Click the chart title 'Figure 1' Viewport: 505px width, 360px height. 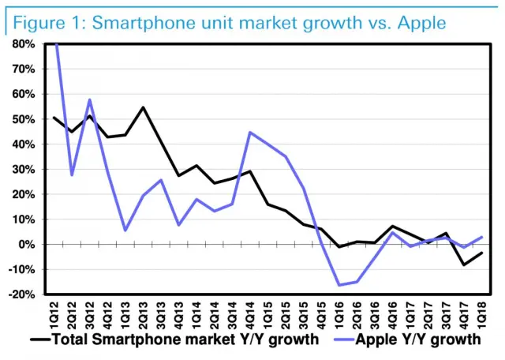(x=46, y=22)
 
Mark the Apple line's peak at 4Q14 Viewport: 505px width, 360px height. (x=250, y=132)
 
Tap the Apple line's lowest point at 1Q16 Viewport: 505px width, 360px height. (x=339, y=285)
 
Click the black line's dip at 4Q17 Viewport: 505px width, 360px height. (x=464, y=264)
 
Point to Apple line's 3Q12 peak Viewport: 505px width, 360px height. (x=90, y=99)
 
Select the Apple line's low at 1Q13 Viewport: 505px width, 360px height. (x=125, y=231)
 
